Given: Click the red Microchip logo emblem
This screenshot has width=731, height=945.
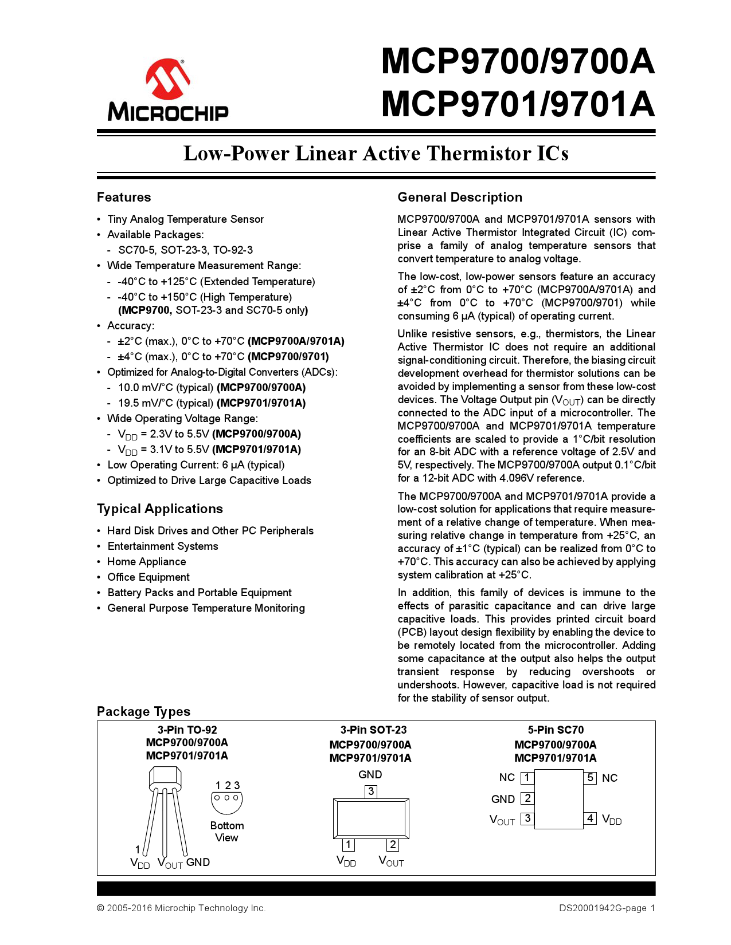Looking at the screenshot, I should pos(167,78).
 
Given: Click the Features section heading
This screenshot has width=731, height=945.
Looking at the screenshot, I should pos(124,197).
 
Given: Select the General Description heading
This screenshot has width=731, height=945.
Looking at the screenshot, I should pos(460,197).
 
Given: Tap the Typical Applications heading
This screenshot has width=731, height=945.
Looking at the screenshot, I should pos(160,509).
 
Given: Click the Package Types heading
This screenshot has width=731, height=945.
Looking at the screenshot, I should pos(143,711).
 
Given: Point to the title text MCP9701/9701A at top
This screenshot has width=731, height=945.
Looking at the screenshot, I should pos(517,104).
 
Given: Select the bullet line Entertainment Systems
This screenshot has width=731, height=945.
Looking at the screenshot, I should pos(163,546).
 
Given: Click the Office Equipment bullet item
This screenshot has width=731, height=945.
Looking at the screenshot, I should pos(148,577).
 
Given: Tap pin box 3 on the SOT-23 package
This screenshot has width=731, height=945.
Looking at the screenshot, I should pos(371,792).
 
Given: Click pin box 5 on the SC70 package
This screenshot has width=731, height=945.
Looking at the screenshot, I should pos(591,777).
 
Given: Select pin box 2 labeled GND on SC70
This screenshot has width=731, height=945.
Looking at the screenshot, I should pos(527,798).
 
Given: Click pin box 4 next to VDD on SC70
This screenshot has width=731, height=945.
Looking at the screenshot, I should pos(591,818).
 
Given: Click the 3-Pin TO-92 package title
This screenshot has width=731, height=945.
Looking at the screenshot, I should pos(187,730).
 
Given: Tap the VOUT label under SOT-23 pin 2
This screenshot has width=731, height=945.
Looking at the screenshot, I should pos(391,861).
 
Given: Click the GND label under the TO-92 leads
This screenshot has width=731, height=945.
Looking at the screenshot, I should pos(198,862).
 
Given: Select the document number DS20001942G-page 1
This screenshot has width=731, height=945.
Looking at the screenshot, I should pos(607,908).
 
